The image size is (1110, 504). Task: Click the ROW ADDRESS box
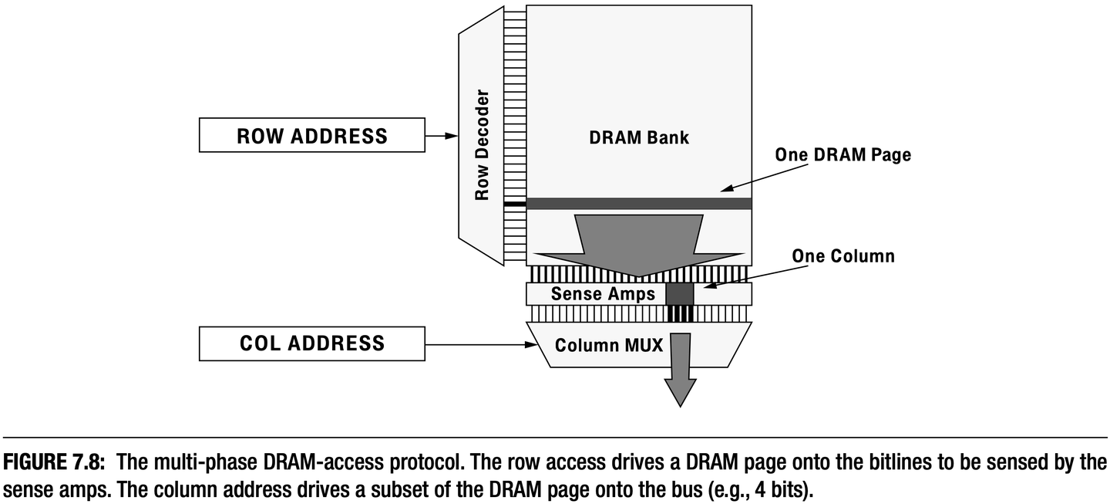click(x=311, y=136)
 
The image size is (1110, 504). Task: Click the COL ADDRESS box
click(x=311, y=343)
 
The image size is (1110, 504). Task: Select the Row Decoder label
click(x=483, y=146)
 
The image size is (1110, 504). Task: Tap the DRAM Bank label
click(x=638, y=138)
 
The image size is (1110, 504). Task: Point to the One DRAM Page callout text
click(x=843, y=154)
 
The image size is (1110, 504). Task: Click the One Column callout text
click(x=843, y=255)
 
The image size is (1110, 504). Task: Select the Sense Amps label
click(x=603, y=294)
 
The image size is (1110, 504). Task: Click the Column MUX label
click(x=609, y=345)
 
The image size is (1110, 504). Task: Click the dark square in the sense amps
click(x=679, y=294)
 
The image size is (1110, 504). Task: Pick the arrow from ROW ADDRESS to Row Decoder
click(x=442, y=136)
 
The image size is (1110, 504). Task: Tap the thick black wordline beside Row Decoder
click(x=514, y=204)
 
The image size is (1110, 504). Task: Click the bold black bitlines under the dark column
click(x=680, y=313)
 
